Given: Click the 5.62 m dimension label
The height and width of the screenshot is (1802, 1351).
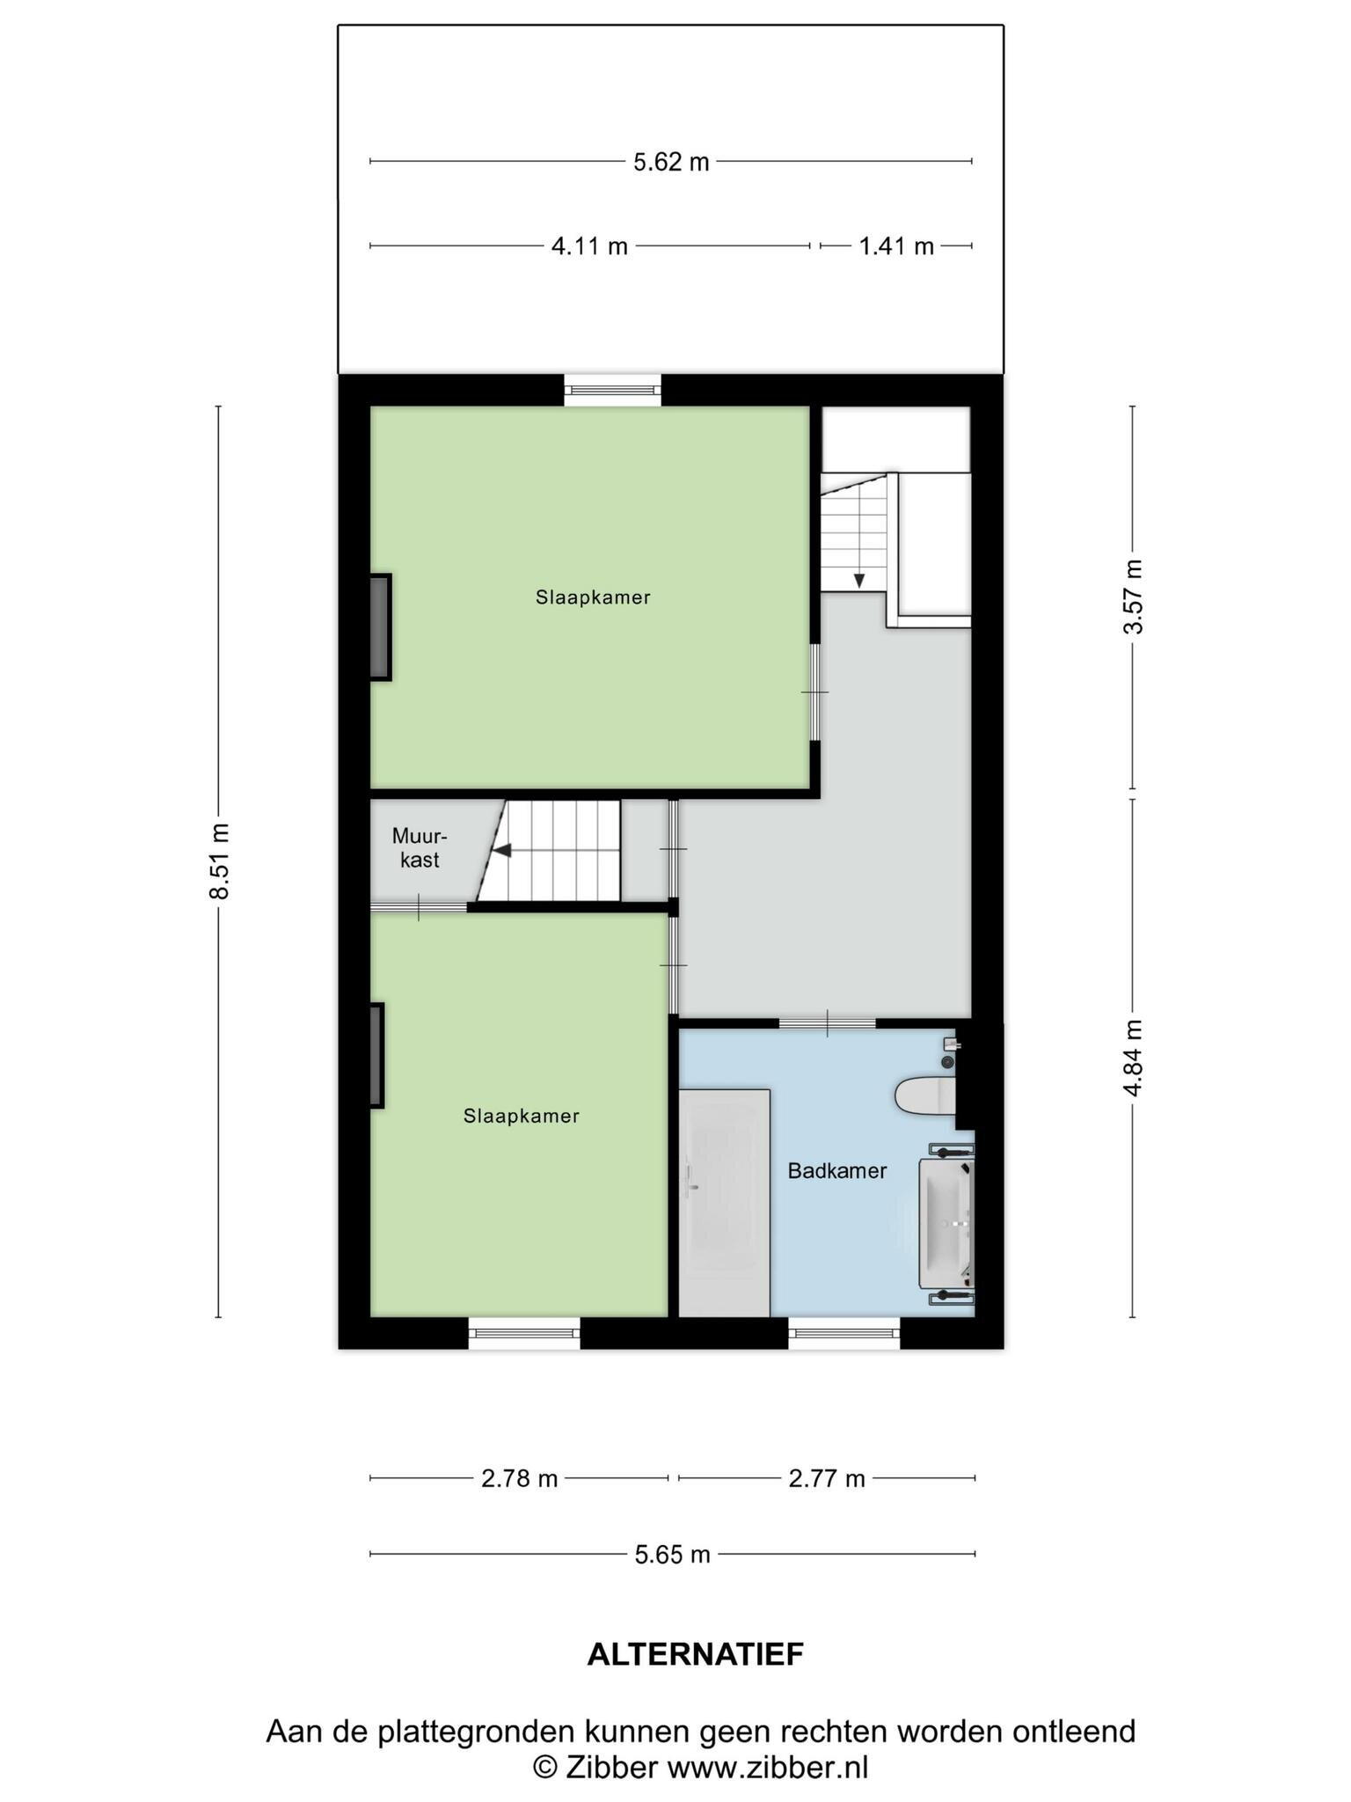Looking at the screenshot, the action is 671,162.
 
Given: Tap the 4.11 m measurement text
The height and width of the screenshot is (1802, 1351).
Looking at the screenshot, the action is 589,246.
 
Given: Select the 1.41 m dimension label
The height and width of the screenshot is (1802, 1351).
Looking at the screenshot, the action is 896,246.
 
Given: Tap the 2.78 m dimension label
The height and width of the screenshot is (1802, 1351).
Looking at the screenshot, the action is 520,1479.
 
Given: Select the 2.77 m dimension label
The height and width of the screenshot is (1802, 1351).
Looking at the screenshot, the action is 827,1479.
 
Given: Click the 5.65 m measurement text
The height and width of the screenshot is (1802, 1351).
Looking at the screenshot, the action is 673,1555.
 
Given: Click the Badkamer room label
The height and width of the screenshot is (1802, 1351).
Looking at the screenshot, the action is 837,1171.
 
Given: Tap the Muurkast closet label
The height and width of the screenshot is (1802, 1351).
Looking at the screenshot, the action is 420,847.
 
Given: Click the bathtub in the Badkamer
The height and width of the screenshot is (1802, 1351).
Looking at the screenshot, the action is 725,1203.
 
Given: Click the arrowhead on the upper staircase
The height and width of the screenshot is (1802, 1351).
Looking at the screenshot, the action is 858,581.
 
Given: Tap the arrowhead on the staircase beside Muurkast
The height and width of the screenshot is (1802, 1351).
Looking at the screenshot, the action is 501,851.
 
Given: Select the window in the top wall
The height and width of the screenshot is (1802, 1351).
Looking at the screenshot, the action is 612,390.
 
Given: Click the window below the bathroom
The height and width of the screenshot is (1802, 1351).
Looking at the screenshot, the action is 844,1333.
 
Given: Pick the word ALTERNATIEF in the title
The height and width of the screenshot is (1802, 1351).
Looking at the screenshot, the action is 696,1655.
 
